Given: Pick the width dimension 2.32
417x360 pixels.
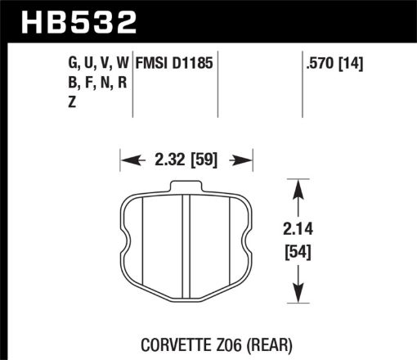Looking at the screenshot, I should coord(164,159).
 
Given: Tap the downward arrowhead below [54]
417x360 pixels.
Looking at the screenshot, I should coord(298,295).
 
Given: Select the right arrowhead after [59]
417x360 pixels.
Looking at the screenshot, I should coord(244,159).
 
